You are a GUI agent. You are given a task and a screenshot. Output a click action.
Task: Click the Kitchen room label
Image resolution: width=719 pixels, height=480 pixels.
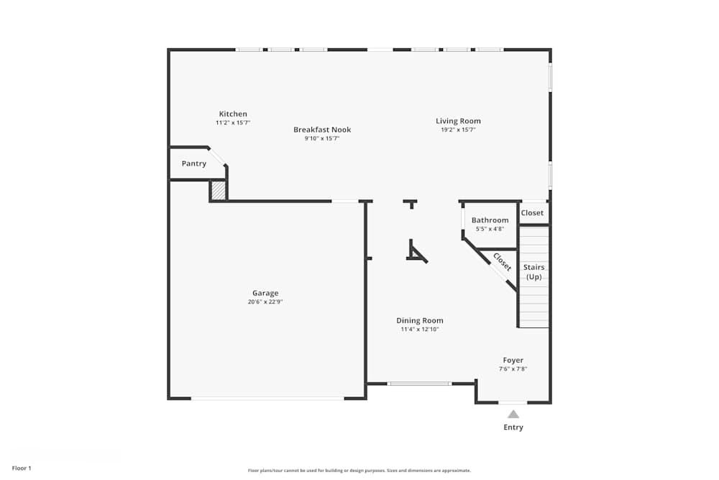[x=233, y=114]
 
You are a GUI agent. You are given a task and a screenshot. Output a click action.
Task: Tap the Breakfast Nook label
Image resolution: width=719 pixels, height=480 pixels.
[x=322, y=130]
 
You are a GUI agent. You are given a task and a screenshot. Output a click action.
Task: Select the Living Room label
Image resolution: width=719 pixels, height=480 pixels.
[x=458, y=121]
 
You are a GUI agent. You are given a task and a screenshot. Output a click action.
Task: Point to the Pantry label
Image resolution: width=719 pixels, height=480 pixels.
[x=193, y=163]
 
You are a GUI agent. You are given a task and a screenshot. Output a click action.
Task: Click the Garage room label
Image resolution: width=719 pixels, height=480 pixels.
[x=265, y=293]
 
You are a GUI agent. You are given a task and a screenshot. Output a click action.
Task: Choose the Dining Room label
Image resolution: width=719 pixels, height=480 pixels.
[x=420, y=320]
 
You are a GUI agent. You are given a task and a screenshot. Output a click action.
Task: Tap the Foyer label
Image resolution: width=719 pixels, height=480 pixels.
[x=513, y=360]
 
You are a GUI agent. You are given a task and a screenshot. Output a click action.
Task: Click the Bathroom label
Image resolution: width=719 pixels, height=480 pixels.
[x=490, y=220]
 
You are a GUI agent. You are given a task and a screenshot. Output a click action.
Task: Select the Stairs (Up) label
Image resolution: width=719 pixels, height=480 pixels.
[x=533, y=272]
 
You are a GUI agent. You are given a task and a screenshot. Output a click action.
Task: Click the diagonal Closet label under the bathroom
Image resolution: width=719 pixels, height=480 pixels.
[x=502, y=262]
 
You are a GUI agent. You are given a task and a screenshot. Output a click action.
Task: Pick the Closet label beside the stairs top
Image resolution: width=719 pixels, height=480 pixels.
[x=532, y=213]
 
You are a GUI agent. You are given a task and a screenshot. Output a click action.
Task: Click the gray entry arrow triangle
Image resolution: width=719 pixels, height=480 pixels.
[x=513, y=414]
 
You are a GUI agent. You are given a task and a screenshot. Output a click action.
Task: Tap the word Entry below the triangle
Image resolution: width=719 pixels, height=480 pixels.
[x=513, y=427]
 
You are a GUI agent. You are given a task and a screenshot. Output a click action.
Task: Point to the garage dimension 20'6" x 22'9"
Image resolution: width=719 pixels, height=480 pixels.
[x=265, y=302]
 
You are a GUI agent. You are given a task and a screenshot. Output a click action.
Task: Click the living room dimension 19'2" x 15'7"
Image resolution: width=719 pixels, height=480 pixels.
[x=458, y=130]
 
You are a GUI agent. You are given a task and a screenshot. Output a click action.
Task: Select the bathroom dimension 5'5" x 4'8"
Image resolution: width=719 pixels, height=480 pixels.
[x=490, y=229]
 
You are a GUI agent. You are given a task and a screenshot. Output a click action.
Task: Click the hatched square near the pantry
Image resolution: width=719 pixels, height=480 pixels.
[x=219, y=191]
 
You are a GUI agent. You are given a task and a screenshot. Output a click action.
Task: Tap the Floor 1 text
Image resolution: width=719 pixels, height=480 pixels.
[x=22, y=468]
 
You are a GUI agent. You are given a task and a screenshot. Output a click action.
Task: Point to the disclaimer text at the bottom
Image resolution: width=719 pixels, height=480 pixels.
[x=359, y=471]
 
